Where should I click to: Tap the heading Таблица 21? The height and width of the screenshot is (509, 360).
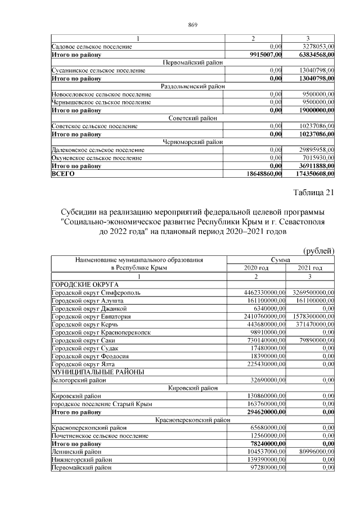(x=314, y=193)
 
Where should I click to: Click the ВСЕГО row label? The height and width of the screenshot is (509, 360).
(x=62, y=174)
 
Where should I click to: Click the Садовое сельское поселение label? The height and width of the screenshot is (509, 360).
(x=91, y=47)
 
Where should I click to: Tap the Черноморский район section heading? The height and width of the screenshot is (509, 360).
(x=193, y=142)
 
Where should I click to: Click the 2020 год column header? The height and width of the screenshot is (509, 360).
(x=256, y=268)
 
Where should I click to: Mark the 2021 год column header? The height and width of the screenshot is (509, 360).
(x=310, y=268)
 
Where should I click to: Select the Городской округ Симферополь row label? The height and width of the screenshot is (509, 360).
(x=96, y=292)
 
